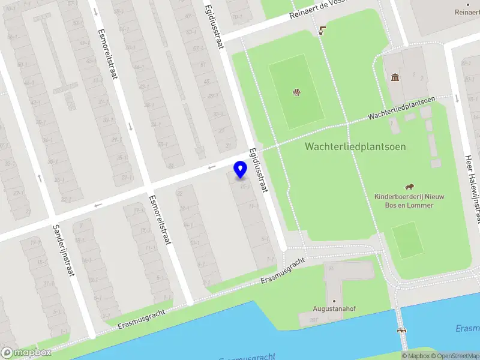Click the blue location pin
[241, 169]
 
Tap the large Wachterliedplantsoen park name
[355, 146]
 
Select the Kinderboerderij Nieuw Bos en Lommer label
[409, 200]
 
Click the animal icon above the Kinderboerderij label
[410, 186]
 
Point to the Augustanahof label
[334, 309]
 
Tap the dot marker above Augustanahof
[334, 301]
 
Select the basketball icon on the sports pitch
[296, 92]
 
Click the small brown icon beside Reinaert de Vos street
[323, 29]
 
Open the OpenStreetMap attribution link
[455, 356]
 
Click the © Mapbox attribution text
[415, 356]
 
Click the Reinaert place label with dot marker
[467, 12]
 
